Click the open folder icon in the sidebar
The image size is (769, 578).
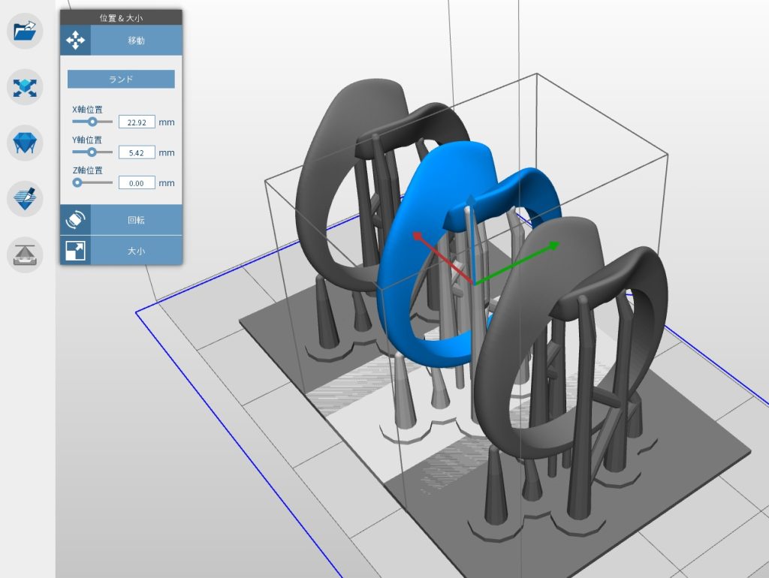point(25,31)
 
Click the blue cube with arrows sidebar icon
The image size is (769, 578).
point(25,87)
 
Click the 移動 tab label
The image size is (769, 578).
point(136,41)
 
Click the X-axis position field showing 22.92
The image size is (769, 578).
point(137,122)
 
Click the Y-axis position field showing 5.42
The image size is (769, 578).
point(137,152)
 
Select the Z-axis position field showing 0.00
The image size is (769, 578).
point(137,182)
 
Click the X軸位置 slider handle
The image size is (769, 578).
point(92,121)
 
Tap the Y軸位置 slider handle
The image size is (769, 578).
point(92,152)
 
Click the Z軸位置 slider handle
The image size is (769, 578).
point(77,182)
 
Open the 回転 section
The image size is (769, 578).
point(136,220)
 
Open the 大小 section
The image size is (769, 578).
point(136,251)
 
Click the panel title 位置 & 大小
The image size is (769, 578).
point(121,17)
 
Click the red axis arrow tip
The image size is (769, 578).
point(415,236)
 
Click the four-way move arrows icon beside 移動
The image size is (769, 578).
point(75,41)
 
